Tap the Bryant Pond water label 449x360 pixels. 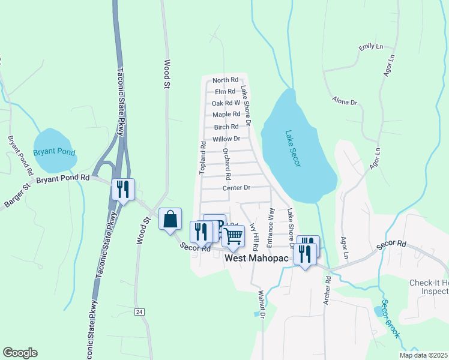(x=54, y=152)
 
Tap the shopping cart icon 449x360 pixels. (x=233, y=236)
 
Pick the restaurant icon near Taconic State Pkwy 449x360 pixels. (x=123, y=190)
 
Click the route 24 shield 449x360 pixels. (x=139, y=311)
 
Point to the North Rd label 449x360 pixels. (x=226, y=80)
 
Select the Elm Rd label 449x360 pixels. (x=224, y=91)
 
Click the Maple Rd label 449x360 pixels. (x=226, y=114)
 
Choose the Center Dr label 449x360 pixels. (x=235, y=188)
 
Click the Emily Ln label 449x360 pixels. (x=370, y=47)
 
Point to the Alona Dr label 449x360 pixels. (x=345, y=102)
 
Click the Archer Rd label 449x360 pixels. (x=327, y=290)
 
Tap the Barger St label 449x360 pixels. (x=17, y=197)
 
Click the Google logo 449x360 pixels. (x=20, y=353)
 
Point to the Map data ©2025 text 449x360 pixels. (x=423, y=355)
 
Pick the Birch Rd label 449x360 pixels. (x=226, y=127)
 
